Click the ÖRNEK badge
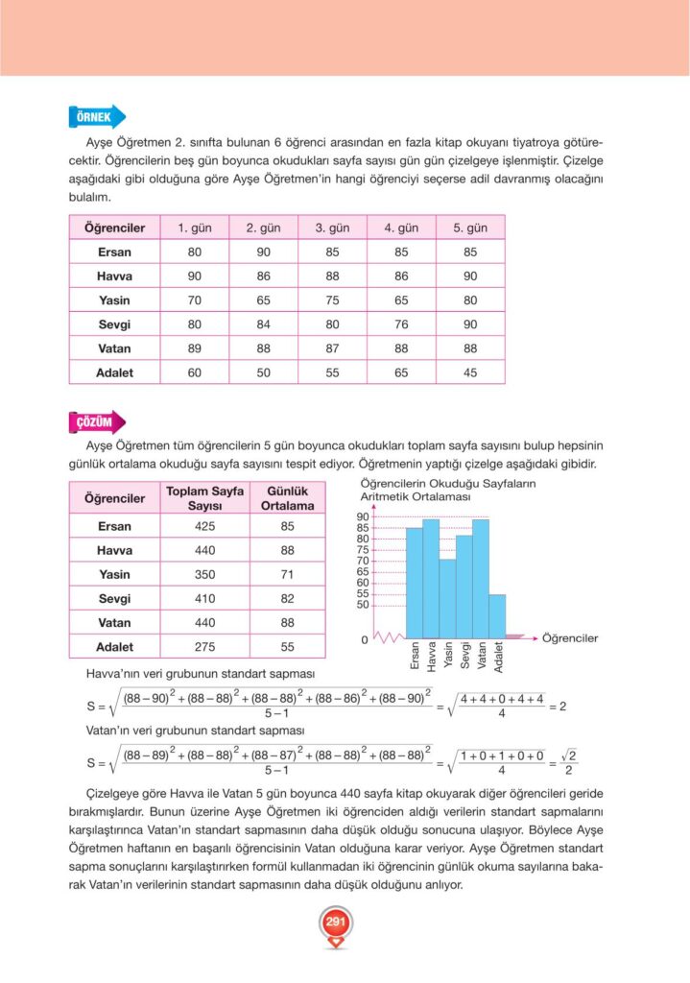tap(95, 118)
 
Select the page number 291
tap(335, 923)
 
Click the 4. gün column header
tap(401, 228)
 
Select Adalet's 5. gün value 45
tap(470, 372)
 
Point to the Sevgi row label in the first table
tap(115, 324)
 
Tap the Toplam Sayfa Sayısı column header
tap(204, 498)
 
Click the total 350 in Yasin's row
tap(204, 575)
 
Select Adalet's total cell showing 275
tap(204, 647)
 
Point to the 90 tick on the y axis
tap(363, 516)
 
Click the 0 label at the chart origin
tap(364, 638)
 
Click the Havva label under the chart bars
tap(432, 657)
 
